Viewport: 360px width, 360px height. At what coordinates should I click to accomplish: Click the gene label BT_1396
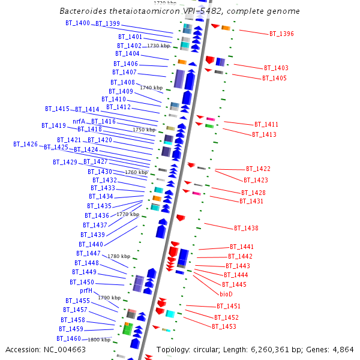(281, 34)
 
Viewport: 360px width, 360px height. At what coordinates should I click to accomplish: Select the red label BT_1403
(276, 68)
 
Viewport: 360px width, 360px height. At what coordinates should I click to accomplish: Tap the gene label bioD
(226, 294)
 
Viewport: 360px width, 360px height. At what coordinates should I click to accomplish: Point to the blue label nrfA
(79, 121)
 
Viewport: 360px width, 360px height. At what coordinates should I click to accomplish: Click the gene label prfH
(86, 290)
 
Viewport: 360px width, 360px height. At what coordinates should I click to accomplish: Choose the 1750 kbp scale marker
(143, 130)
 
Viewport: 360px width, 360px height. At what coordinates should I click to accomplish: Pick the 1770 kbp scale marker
(128, 214)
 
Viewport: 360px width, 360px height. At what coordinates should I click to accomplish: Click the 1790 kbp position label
(109, 298)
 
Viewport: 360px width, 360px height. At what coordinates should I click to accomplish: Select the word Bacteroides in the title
(86, 11)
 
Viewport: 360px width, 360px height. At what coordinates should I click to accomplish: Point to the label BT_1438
(246, 228)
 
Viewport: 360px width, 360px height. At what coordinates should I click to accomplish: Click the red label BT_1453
(224, 326)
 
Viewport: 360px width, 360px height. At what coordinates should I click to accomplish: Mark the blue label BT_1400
(77, 23)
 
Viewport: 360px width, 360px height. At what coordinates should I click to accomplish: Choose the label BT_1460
(69, 338)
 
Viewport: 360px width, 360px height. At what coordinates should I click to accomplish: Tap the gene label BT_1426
(26, 144)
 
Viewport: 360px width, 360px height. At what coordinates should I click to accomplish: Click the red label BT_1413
(264, 134)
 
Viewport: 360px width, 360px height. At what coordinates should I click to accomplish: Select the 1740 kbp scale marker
(151, 88)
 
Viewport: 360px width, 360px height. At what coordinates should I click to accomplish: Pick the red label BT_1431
(251, 201)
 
